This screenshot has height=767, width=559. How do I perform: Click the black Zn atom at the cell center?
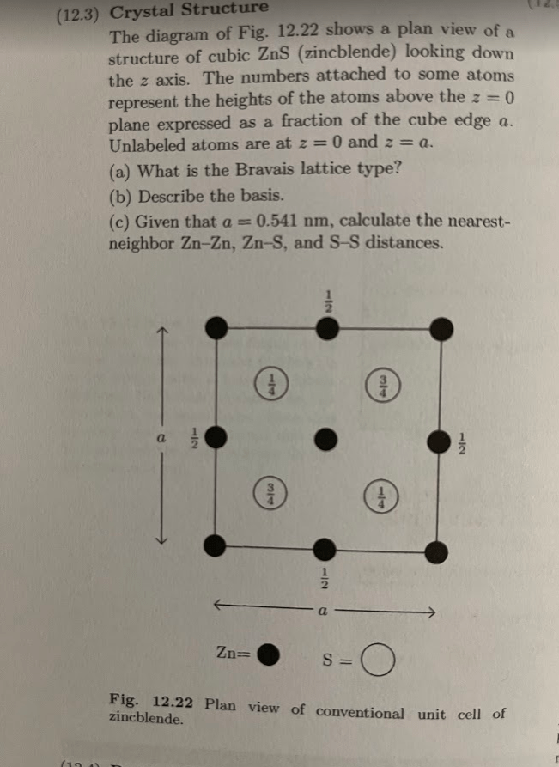click(324, 440)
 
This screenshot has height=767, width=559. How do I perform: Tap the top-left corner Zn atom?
click(217, 327)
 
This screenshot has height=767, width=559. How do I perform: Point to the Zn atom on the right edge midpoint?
click(439, 441)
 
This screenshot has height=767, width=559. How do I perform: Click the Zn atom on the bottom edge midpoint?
click(324, 549)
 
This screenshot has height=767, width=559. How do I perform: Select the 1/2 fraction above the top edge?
click(326, 301)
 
